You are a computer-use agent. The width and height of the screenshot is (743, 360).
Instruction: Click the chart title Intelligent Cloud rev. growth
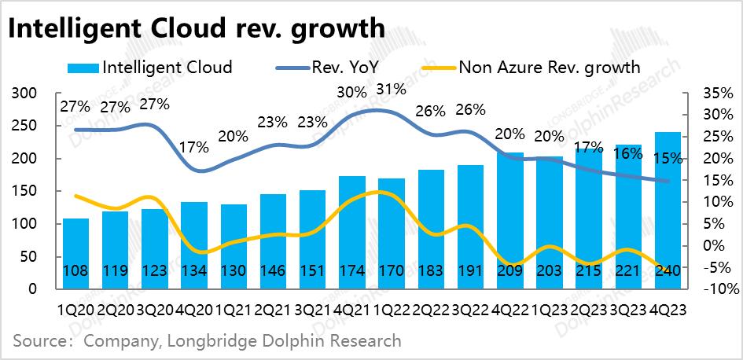[197, 29]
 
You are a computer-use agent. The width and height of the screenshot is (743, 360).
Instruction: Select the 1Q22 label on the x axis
[392, 310]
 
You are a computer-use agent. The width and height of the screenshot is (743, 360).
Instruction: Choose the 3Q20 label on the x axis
[155, 310]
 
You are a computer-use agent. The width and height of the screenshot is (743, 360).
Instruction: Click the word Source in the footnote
[38, 341]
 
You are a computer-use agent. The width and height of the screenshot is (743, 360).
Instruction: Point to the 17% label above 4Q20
[193, 147]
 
